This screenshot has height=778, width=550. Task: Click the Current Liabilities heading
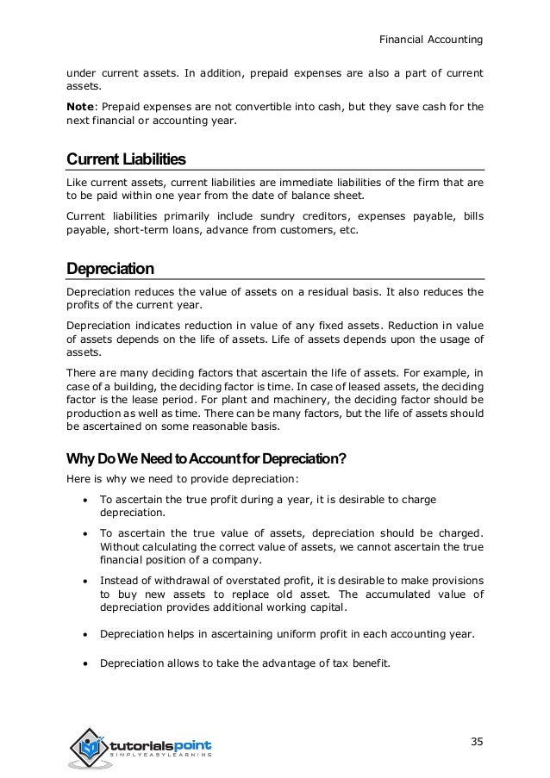pos(126,159)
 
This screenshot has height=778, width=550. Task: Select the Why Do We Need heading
pos(206,457)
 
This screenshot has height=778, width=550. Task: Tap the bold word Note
pos(84,107)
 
